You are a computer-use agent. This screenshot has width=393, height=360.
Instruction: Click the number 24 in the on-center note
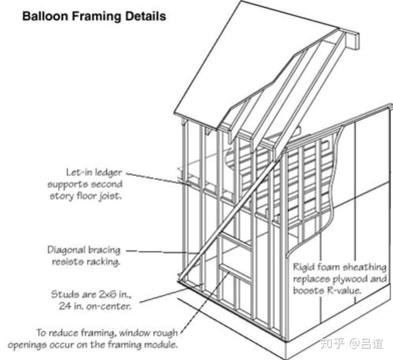pos(64,307)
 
